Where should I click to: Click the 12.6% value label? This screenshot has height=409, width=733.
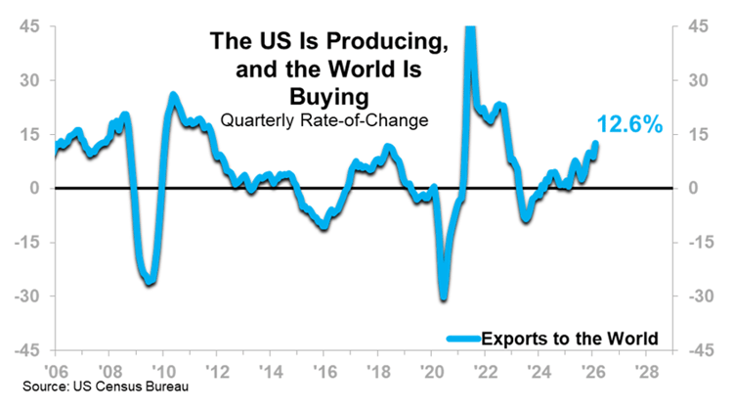click(x=629, y=125)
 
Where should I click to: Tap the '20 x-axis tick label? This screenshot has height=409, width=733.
click(x=430, y=373)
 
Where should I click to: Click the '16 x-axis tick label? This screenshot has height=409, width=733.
click(x=323, y=373)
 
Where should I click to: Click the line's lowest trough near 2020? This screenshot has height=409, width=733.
click(x=443, y=296)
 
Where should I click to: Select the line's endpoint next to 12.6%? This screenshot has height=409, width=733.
click(x=596, y=145)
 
